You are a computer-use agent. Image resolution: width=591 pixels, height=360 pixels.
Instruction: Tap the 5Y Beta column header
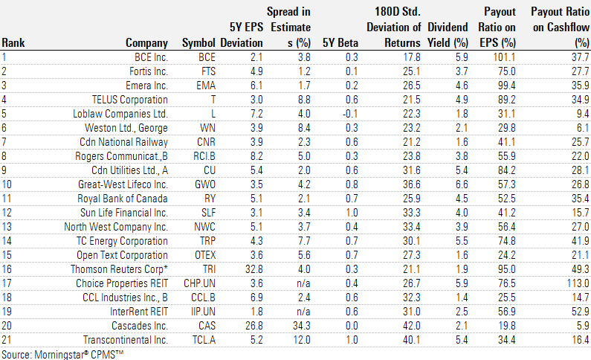[x=339, y=42]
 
